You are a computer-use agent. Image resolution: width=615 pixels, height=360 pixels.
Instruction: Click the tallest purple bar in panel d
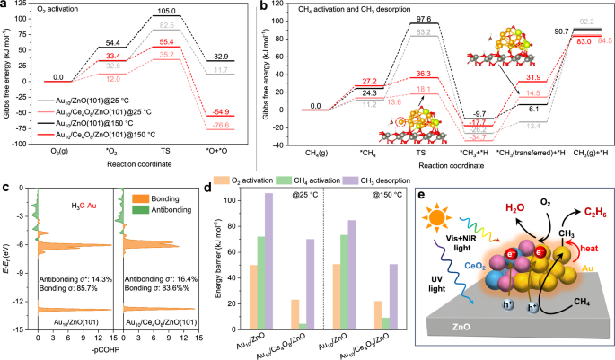(x=292, y=264)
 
